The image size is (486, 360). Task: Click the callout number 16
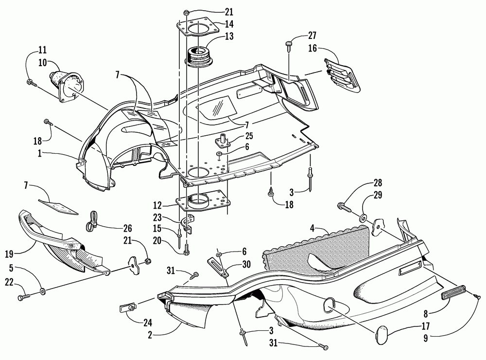(313, 48)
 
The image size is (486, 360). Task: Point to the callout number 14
(229, 23)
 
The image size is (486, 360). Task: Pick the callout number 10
(42, 62)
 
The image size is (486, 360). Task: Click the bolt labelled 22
(23, 295)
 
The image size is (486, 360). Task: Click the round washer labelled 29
(364, 216)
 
